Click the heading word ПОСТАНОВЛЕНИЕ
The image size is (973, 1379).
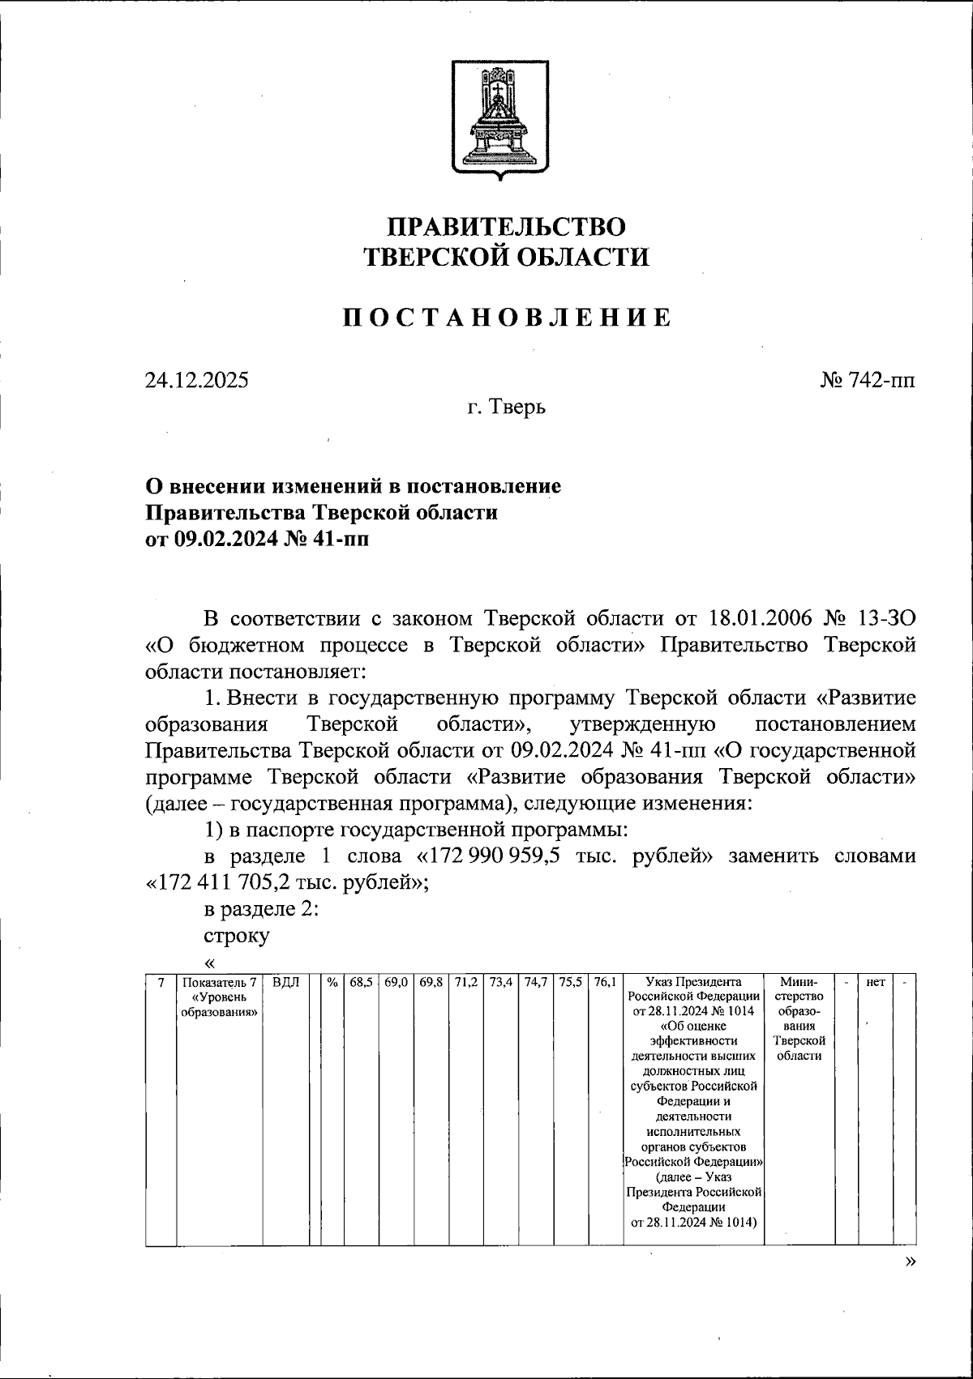pyautogui.click(x=506, y=318)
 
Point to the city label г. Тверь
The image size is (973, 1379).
pyautogui.click(x=506, y=407)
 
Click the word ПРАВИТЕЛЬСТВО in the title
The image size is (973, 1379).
pyautogui.click(x=506, y=227)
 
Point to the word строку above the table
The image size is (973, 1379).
pyautogui.click(x=237, y=935)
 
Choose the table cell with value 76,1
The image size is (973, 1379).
pyautogui.click(x=604, y=982)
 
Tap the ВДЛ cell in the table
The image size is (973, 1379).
pyautogui.click(x=285, y=982)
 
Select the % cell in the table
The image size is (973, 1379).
pyautogui.click(x=332, y=982)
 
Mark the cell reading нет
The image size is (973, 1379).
pyautogui.click(x=875, y=982)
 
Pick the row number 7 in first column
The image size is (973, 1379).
pyautogui.click(x=161, y=982)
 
